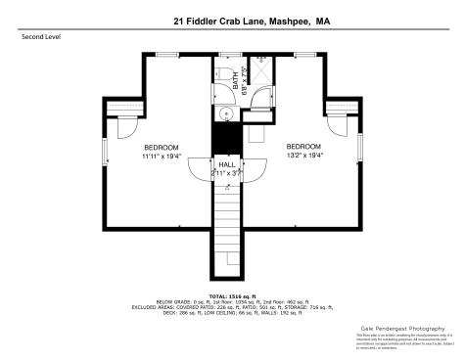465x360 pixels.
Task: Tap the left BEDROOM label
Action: (162, 147)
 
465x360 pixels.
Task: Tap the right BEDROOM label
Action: (303, 147)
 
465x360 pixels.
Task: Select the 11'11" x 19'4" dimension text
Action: (162, 156)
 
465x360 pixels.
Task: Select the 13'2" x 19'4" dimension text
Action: (303, 156)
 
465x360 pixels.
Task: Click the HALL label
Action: (226, 164)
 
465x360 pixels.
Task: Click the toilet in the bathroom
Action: (225, 74)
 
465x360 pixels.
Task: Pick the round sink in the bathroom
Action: (225, 113)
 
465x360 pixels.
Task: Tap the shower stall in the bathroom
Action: (260, 74)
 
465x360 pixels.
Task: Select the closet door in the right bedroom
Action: (333, 128)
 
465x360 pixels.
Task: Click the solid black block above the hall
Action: (226, 139)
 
